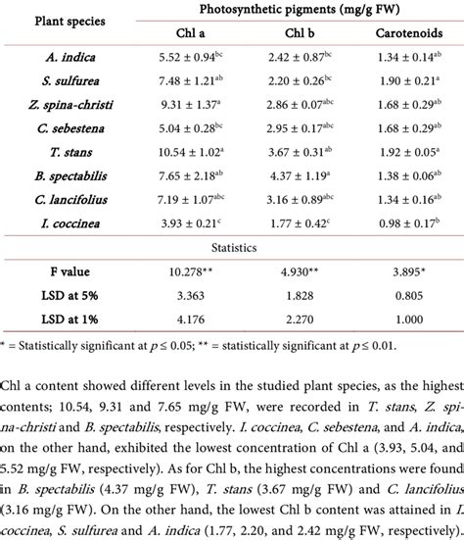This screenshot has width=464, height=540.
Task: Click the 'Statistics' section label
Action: click(x=231, y=246)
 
